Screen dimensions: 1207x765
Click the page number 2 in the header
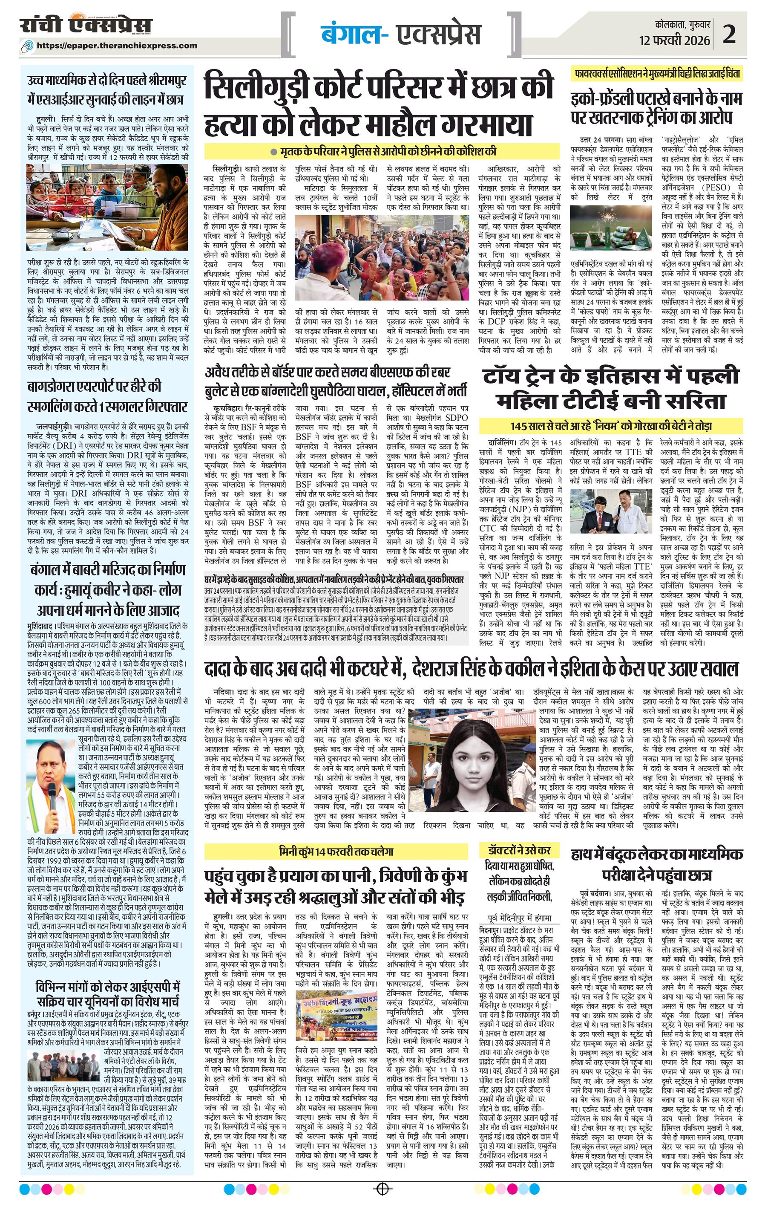click(729, 34)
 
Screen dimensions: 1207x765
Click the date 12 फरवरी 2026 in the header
click(674, 40)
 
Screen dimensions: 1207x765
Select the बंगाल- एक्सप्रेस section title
click(400, 34)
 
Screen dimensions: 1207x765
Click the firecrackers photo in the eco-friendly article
click(611, 227)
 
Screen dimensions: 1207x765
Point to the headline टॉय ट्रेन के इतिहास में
click(611, 376)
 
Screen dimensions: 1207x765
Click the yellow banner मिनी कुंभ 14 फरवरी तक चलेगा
click(336, 851)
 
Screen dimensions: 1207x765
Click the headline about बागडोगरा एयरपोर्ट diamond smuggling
click(108, 396)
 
